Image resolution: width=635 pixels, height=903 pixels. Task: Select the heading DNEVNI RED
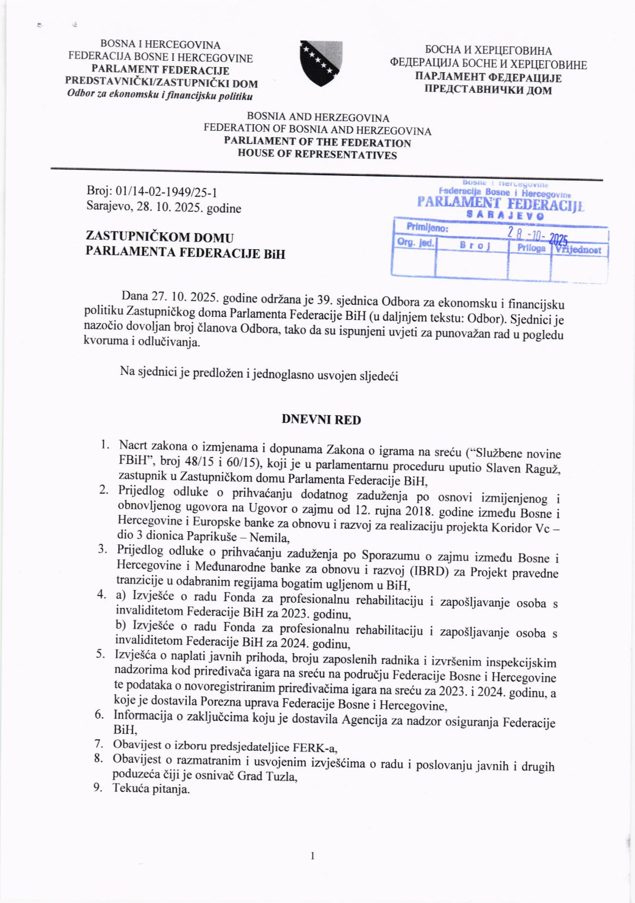[x=321, y=420]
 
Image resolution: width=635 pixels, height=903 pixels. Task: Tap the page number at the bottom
[x=313, y=855]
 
